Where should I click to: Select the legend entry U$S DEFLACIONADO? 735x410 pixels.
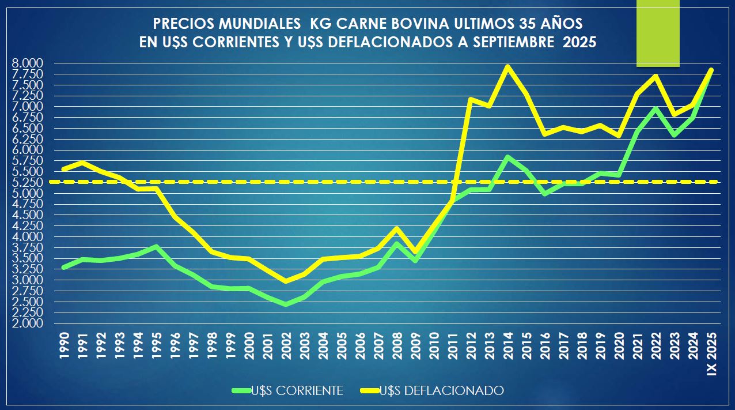pos(441,391)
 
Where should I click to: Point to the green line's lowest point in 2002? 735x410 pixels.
pos(286,304)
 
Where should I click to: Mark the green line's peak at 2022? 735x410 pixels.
pos(656,108)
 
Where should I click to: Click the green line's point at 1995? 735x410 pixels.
pos(156,247)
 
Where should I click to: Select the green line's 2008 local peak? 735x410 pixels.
pos(396,243)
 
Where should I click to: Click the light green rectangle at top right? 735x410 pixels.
pos(658,33)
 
